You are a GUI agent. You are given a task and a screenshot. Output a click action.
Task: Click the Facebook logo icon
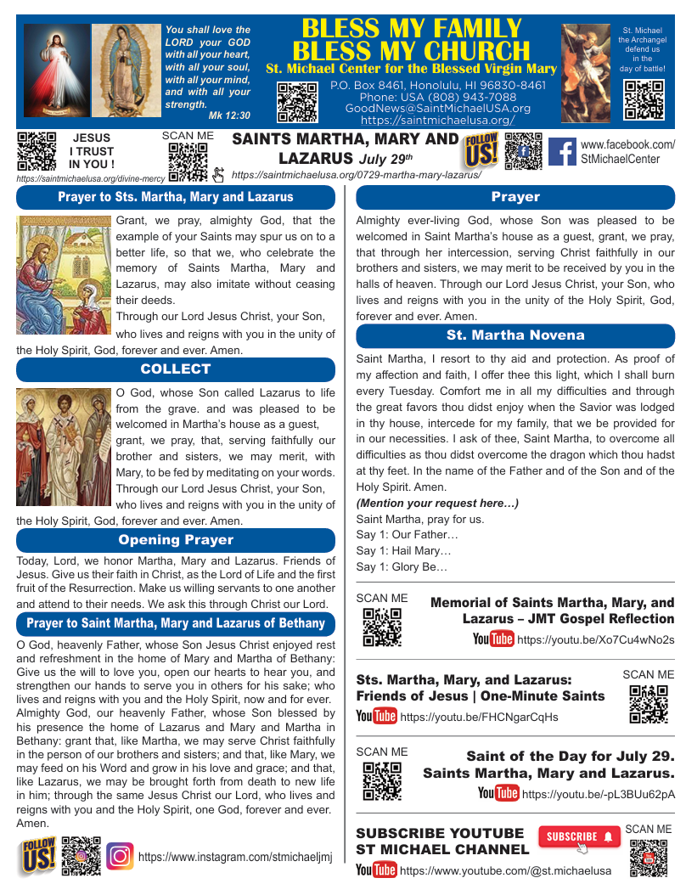point(562,151)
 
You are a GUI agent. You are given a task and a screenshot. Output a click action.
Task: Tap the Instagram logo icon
point(121,857)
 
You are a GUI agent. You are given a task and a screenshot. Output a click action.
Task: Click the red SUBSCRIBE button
point(579,836)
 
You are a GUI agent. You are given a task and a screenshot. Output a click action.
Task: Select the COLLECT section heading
point(176,369)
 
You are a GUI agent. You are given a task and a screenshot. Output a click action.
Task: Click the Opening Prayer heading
point(176,540)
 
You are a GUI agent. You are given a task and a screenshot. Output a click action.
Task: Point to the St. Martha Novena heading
point(515,335)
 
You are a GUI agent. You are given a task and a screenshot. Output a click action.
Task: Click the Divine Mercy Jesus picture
point(55,70)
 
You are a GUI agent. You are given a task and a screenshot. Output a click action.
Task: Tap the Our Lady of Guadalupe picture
point(127,70)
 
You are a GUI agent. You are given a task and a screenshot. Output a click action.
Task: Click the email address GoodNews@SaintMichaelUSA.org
point(437,109)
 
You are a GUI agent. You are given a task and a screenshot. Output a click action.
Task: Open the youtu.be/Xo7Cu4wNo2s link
point(595,639)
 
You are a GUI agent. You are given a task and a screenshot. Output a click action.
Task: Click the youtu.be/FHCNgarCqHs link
point(479,717)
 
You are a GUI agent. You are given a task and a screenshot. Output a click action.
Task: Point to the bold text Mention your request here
point(437,504)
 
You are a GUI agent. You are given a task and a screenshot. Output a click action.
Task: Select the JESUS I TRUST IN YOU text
point(92,150)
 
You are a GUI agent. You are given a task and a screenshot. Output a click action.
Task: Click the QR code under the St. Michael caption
point(644,100)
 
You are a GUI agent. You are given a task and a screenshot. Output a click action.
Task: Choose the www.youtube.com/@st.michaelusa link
point(505,870)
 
